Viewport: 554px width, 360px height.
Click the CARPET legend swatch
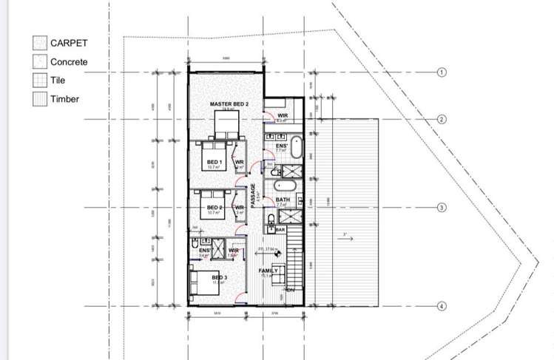pyautogui.click(x=38, y=44)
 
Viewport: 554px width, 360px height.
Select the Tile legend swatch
pyautogui.click(x=38, y=80)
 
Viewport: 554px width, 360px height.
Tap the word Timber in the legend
pyautogui.click(x=64, y=98)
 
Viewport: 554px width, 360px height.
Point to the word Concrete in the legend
pyautogui.click(x=69, y=62)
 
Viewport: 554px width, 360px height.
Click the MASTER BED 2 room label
pyautogui.click(x=229, y=105)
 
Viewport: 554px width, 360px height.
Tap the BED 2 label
pyautogui.click(x=214, y=207)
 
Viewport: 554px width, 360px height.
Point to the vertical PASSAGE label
pyautogui.click(x=253, y=197)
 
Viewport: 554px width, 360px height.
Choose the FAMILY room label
pyautogui.click(x=268, y=271)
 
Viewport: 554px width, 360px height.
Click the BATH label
pyautogui.click(x=283, y=200)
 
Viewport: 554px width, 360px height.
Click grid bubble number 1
pyautogui.click(x=442, y=72)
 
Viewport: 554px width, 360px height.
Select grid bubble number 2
pyautogui.click(x=442, y=119)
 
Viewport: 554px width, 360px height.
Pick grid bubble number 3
pyautogui.click(x=442, y=208)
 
